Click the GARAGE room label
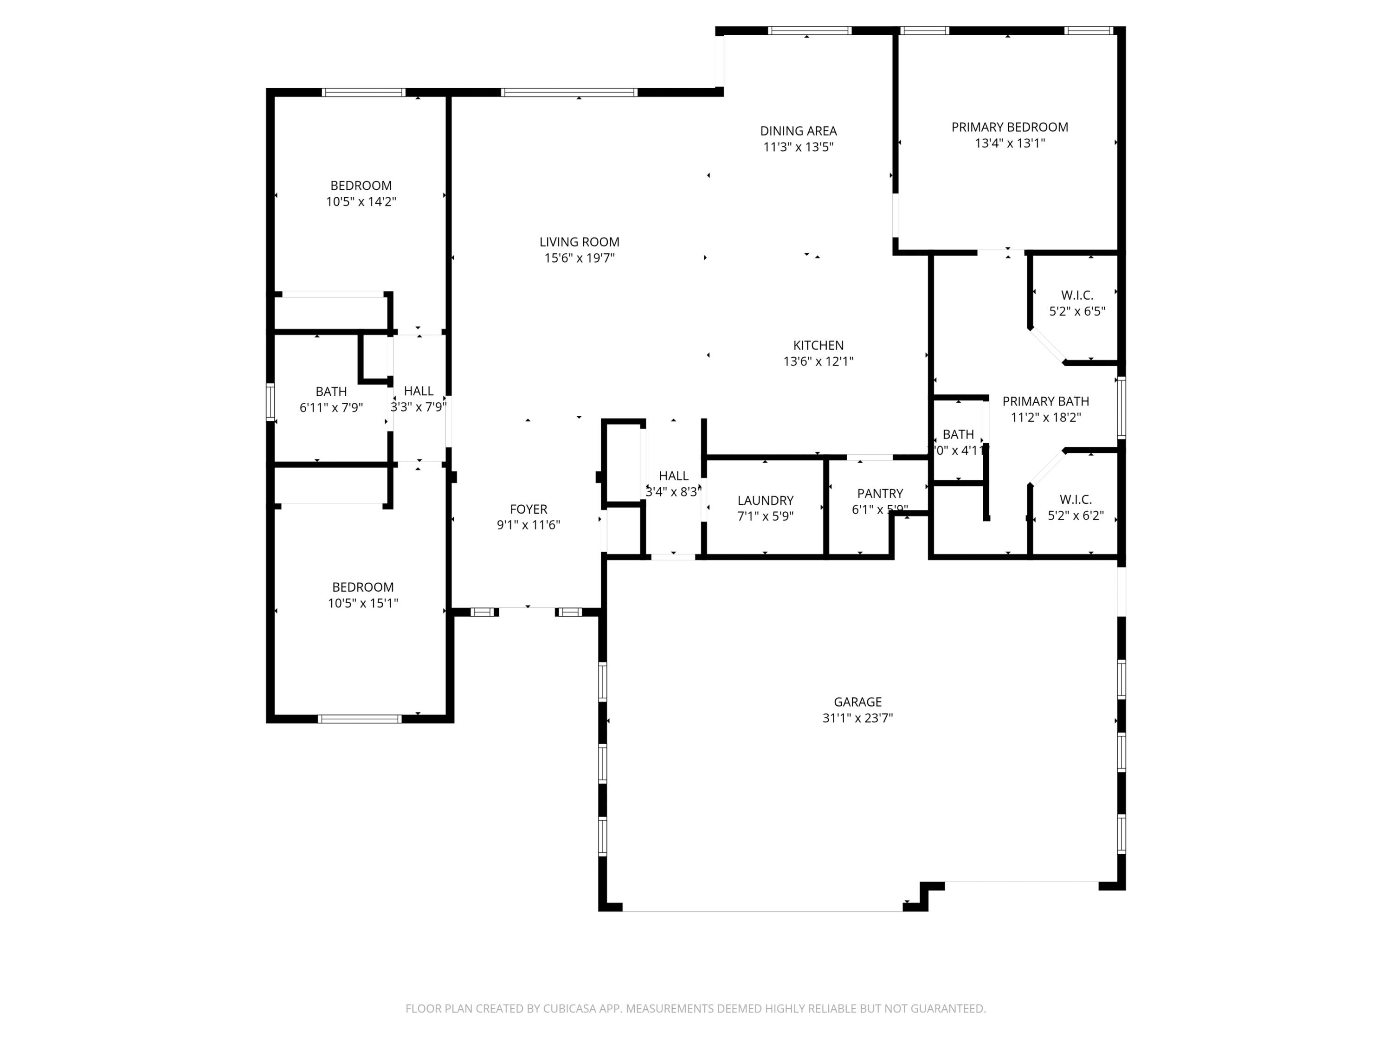point(857,702)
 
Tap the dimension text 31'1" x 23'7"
point(857,718)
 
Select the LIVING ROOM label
point(579,242)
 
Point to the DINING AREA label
point(798,131)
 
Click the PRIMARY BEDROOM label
point(1009,127)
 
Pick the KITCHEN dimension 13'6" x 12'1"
point(818,361)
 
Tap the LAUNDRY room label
point(765,500)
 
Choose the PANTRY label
point(880,493)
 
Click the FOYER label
point(528,509)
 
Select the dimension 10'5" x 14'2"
point(361,202)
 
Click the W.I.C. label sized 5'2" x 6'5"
point(1077,295)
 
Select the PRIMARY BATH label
point(1045,401)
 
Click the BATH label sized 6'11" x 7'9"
point(331,392)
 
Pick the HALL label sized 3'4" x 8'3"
point(673,476)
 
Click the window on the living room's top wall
point(569,92)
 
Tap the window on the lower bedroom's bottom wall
point(359,719)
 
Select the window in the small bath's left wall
point(271,401)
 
